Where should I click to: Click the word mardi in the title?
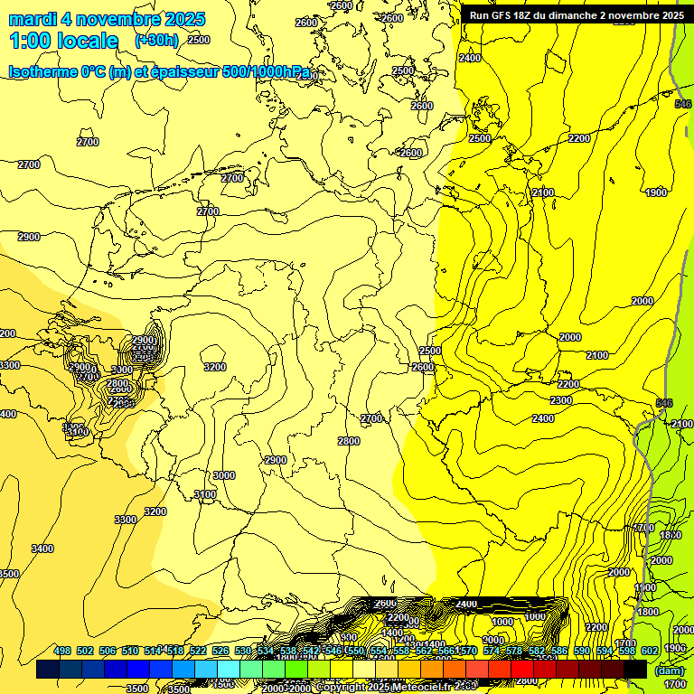33,19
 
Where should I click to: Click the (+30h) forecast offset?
155,41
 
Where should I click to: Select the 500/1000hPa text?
270,71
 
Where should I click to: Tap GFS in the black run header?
502,15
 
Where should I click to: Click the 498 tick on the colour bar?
62,651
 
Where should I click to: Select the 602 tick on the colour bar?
650,651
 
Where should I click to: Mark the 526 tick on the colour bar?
220,651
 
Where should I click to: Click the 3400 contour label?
42,549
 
